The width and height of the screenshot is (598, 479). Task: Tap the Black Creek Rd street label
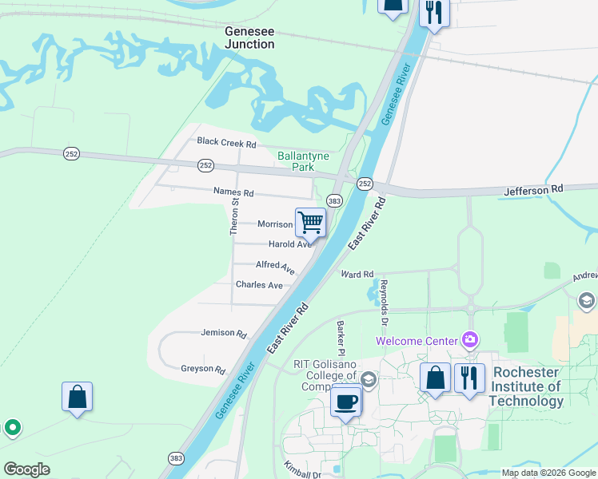(x=226, y=144)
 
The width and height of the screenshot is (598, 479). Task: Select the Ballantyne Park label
(x=296, y=161)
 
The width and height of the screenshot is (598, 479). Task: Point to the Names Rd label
(x=233, y=192)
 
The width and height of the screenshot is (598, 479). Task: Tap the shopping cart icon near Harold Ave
(x=310, y=223)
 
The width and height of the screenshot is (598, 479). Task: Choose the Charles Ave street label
(x=259, y=285)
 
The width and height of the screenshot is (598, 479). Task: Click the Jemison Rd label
(x=224, y=333)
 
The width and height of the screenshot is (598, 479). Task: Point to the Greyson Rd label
(x=203, y=369)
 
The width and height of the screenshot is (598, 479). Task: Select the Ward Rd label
(x=357, y=275)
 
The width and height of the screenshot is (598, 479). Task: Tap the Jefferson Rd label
(x=533, y=189)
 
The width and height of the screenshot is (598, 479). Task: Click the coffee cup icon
(x=346, y=401)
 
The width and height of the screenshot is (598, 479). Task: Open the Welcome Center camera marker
(x=469, y=341)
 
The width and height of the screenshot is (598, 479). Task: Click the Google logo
(x=26, y=469)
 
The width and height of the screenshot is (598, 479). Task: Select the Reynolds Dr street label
(x=384, y=295)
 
